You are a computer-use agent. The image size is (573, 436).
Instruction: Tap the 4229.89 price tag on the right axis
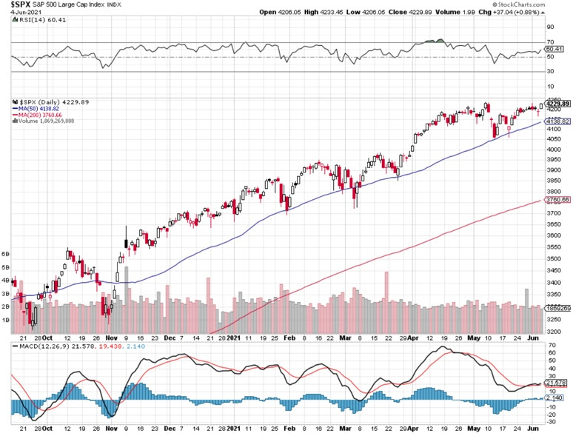point(557,103)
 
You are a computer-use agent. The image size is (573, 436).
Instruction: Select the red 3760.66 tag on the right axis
point(557,200)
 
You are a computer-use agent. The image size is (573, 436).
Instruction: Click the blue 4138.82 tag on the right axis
point(557,121)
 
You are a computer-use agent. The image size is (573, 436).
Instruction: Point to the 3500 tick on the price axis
point(552,259)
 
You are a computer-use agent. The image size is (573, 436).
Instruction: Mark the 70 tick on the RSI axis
point(549,43)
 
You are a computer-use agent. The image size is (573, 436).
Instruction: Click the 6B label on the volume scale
point(6,253)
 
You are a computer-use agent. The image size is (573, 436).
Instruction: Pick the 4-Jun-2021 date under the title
point(19,13)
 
